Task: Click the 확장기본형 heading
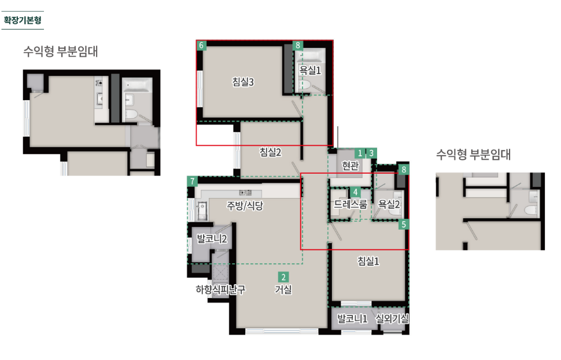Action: click(x=23, y=20)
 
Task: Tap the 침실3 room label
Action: click(x=243, y=82)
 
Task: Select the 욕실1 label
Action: click(x=310, y=70)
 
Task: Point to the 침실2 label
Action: click(x=271, y=152)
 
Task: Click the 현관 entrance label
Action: click(x=350, y=166)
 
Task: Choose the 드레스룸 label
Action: click(x=350, y=204)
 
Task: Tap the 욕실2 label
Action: click(x=389, y=204)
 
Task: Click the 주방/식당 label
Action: click(x=245, y=205)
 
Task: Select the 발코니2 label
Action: click(x=212, y=238)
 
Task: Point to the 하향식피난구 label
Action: click(x=220, y=289)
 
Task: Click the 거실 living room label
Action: click(x=283, y=289)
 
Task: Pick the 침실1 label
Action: click(x=368, y=261)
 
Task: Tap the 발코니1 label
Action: click(x=352, y=318)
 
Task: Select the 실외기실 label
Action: click(x=392, y=318)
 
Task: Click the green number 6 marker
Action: click(x=201, y=46)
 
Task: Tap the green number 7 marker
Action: click(x=193, y=181)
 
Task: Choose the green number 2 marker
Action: click(x=283, y=277)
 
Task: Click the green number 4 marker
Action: click(x=355, y=192)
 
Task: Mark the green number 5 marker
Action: click(x=404, y=225)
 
